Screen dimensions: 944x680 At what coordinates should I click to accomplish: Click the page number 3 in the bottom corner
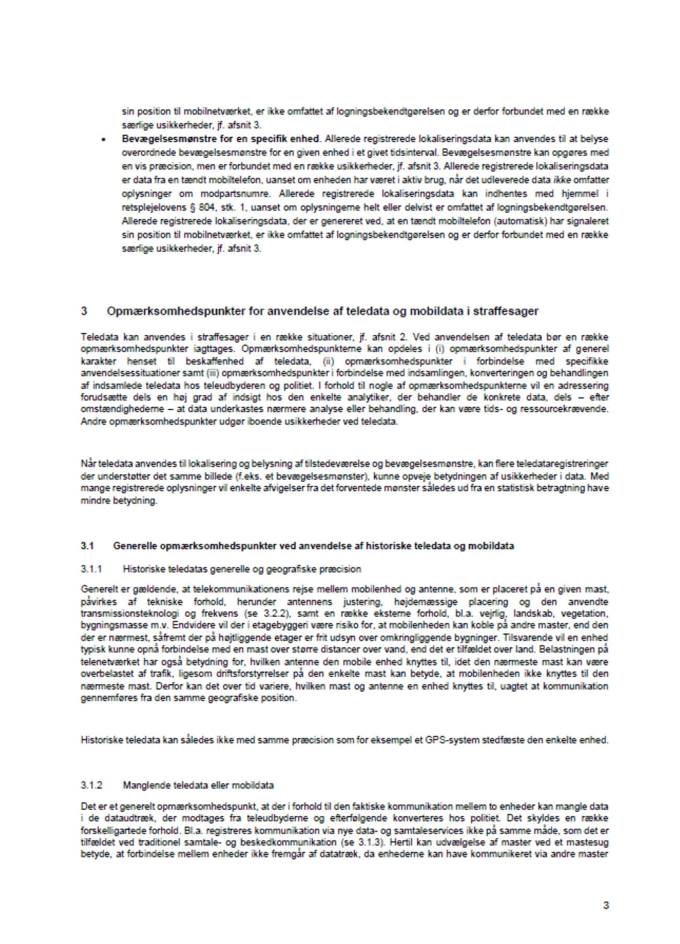pos(606,905)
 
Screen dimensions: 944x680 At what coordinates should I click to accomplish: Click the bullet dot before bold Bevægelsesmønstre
pos(104,140)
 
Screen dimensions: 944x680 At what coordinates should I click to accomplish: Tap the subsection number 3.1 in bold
pos(87,546)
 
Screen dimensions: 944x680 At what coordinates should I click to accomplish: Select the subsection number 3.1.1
pos(92,569)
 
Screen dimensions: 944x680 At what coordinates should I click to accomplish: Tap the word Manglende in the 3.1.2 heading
pos(142,785)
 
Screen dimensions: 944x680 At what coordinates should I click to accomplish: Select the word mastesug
pos(591,842)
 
